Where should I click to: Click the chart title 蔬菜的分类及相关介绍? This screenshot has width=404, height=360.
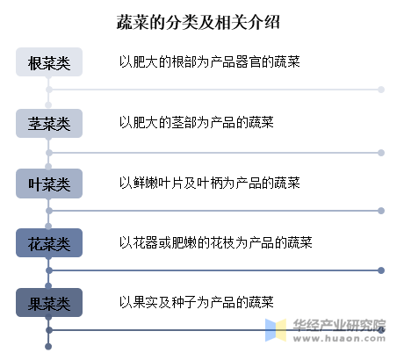coord(198,22)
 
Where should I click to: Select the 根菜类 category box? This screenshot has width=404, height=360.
coord(49,62)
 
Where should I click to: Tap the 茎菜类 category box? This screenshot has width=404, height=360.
coord(49,123)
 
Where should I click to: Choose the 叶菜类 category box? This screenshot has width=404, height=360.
coord(49,184)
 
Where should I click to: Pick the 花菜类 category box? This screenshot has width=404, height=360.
coord(49,243)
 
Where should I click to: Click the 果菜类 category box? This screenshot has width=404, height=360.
coord(49,303)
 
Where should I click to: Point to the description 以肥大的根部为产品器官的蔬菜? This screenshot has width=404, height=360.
coord(210,61)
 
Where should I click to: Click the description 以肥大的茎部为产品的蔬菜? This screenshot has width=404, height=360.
coord(197,122)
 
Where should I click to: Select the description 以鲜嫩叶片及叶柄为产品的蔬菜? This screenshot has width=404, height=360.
coord(210,183)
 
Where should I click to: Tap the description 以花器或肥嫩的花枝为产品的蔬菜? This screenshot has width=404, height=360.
coord(216,242)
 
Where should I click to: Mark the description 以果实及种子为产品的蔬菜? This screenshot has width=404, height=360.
coord(197,302)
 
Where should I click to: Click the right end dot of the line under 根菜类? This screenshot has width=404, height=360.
coord(381,90)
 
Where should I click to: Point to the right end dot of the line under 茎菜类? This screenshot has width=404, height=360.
coord(381,153)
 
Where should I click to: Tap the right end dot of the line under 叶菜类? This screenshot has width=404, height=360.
coord(381,211)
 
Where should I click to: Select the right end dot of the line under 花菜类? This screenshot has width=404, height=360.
coord(381,270)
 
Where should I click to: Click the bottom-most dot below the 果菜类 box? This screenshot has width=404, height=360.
coord(48,347)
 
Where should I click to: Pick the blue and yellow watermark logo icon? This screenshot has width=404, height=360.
coord(276,330)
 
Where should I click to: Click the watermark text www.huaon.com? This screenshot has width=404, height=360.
coord(339,339)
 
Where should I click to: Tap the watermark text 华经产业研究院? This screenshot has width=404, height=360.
coord(339,325)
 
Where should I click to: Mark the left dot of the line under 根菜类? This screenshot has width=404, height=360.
coord(49,90)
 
